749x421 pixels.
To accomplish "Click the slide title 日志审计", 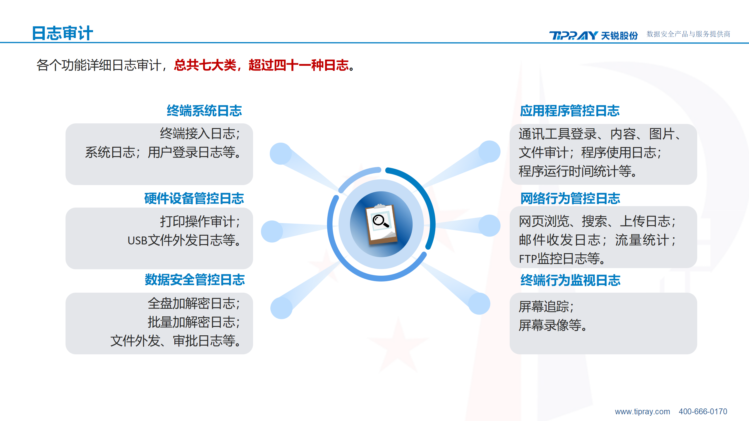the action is click(62, 33).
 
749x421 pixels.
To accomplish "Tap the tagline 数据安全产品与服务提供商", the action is click(688, 34).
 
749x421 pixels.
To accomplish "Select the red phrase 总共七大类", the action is click(205, 65).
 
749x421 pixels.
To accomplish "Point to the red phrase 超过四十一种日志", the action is click(299, 65).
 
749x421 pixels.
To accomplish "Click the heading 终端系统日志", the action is click(204, 111).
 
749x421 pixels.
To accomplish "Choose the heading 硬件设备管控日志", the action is click(194, 198).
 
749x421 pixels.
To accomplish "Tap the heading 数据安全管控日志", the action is click(195, 279).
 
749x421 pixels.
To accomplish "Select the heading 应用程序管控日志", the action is click(570, 111).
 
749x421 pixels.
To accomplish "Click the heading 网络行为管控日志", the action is click(570, 198).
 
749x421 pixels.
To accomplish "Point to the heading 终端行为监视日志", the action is click(570, 280).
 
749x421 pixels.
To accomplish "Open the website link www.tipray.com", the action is click(643, 412).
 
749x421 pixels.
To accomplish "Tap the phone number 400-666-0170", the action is click(703, 412).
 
